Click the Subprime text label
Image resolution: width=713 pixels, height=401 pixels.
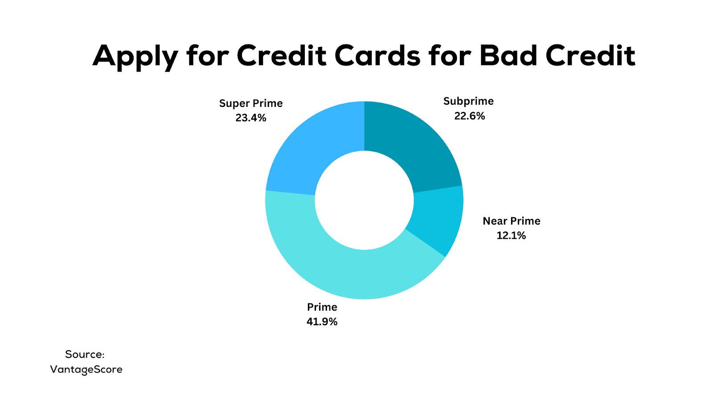tap(468, 101)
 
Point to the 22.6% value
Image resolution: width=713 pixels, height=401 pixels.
tap(470, 116)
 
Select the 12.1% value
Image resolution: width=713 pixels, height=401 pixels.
tap(511, 236)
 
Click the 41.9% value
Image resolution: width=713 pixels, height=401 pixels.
tap(322, 322)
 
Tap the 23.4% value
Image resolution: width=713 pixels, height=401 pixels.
tap(251, 118)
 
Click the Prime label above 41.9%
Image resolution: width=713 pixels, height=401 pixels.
tap(322, 307)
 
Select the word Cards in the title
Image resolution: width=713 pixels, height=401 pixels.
tap(377, 56)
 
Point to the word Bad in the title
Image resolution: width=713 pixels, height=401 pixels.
tap(508, 56)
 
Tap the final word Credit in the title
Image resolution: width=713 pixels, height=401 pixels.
tap(591, 56)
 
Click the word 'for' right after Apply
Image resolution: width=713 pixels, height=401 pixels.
tap(208, 56)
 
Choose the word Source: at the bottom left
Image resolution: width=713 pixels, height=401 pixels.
tap(85, 354)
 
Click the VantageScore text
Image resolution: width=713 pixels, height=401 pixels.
tap(86, 369)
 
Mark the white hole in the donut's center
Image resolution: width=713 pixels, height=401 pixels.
tap(364, 200)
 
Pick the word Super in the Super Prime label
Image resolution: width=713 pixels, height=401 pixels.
tap(234, 103)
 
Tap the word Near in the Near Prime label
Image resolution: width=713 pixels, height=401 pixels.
tap(496, 221)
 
